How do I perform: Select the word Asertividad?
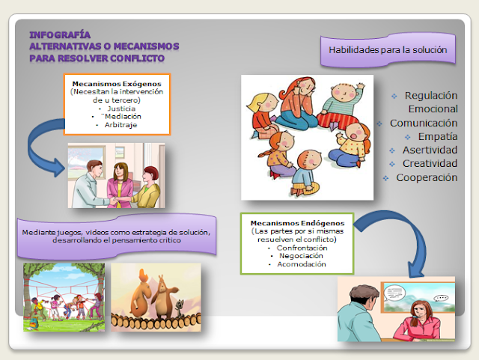click(430, 150)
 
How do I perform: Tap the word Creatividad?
click(430, 164)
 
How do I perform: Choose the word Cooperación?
click(426, 177)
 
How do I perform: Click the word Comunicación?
click(423, 123)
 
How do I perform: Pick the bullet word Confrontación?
click(301, 248)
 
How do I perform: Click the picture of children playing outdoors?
click(63, 296)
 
